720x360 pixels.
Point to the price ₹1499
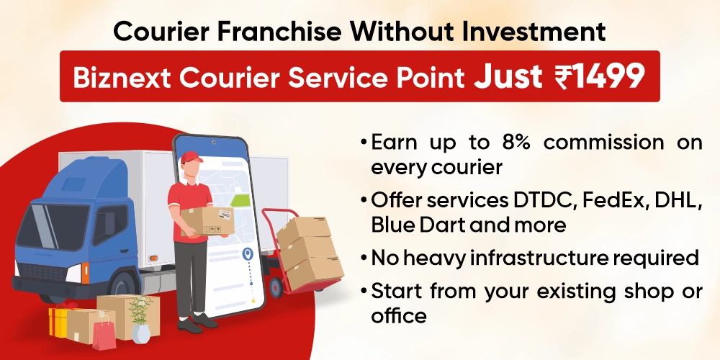pos(599,76)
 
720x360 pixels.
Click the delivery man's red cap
pos(189,157)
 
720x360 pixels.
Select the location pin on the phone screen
pos(249,255)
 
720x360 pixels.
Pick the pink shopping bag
pos(104,332)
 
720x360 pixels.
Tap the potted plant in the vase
pos(141,317)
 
